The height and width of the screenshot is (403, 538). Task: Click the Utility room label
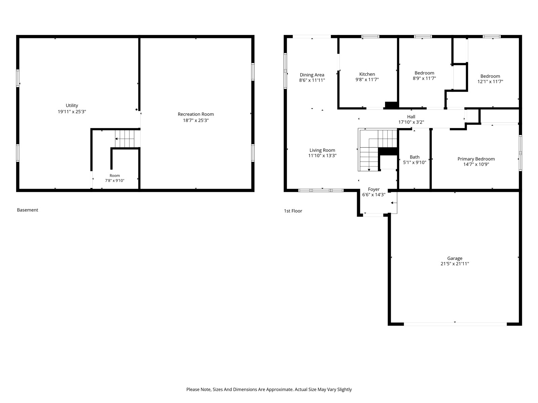point(72,105)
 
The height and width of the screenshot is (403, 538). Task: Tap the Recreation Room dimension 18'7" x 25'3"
point(196,120)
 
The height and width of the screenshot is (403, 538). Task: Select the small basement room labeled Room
point(115,175)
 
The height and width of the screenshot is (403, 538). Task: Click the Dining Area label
point(312,75)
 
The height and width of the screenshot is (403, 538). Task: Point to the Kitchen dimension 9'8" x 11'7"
point(367,80)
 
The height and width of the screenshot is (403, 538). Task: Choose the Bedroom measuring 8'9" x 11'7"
point(424,73)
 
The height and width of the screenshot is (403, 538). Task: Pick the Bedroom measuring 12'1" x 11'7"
point(490,76)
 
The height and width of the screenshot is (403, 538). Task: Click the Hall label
point(411,117)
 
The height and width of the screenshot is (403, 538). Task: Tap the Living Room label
point(322,150)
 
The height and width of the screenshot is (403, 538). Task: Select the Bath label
point(415,157)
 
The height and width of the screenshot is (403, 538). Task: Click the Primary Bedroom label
point(476,159)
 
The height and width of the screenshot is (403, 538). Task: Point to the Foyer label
point(374,189)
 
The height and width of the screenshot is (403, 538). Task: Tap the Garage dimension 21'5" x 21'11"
point(455,264)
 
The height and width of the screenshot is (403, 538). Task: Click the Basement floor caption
point(28,210)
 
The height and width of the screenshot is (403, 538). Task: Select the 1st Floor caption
point(293,211)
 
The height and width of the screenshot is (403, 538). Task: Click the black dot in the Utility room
point(137,109)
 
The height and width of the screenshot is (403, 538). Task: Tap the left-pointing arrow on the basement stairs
point(117,139)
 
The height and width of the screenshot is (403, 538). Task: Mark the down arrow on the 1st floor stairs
point(369,170)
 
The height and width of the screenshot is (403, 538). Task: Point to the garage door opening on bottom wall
point(455,324)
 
